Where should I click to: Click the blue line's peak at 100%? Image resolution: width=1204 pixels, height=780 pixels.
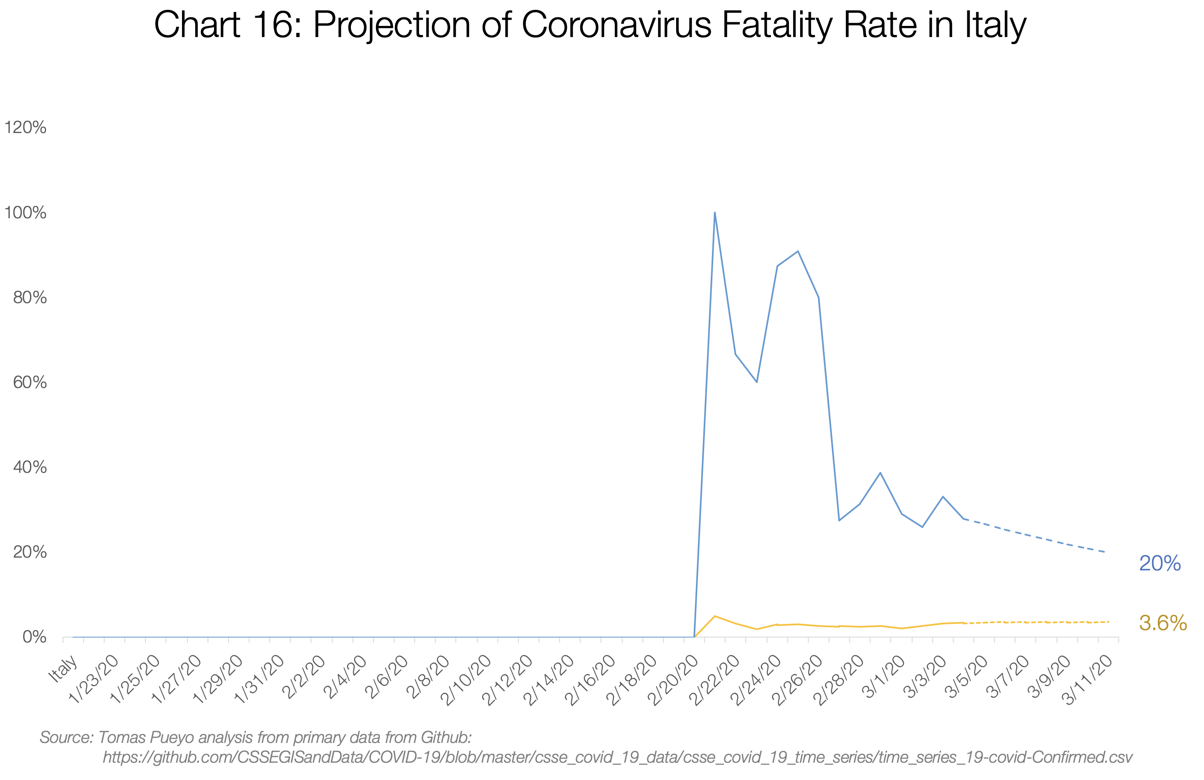(714, 213)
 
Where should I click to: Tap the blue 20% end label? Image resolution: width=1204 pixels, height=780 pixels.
(1160, 563)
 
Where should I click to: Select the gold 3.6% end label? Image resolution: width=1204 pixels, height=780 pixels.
(1162, 623)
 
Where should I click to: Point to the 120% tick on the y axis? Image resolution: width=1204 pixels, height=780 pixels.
(25, 128)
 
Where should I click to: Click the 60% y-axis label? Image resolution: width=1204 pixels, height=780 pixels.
(30, 383)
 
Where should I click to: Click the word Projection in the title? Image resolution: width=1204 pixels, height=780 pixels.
(392, 25)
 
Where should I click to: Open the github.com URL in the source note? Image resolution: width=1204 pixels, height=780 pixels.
(617, 757)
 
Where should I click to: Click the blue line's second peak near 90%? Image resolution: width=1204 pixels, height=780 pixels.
(798, 251)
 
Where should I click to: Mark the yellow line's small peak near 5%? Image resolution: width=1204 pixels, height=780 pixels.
(714, 616)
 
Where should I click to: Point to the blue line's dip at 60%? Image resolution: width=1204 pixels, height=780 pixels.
(756, 382)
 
